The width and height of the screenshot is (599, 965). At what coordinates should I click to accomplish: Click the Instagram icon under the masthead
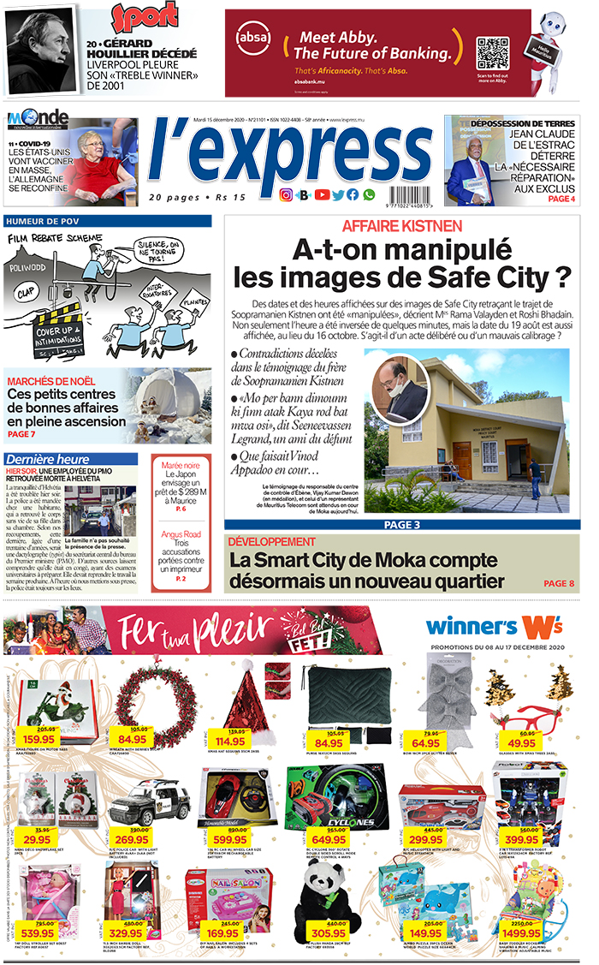pyautogui.click(x=287, y=195)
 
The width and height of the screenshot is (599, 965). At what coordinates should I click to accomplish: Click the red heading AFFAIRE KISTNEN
pyautogui.click(x=402, y=227)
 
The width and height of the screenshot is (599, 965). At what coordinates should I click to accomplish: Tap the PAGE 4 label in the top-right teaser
pyautogui.click(x=561, y=199)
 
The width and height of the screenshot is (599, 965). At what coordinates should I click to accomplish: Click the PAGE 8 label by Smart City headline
pyautogui.click(x=560, y=584)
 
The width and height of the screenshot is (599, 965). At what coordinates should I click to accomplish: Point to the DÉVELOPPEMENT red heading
pyautogui.click(x=272, y=542)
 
